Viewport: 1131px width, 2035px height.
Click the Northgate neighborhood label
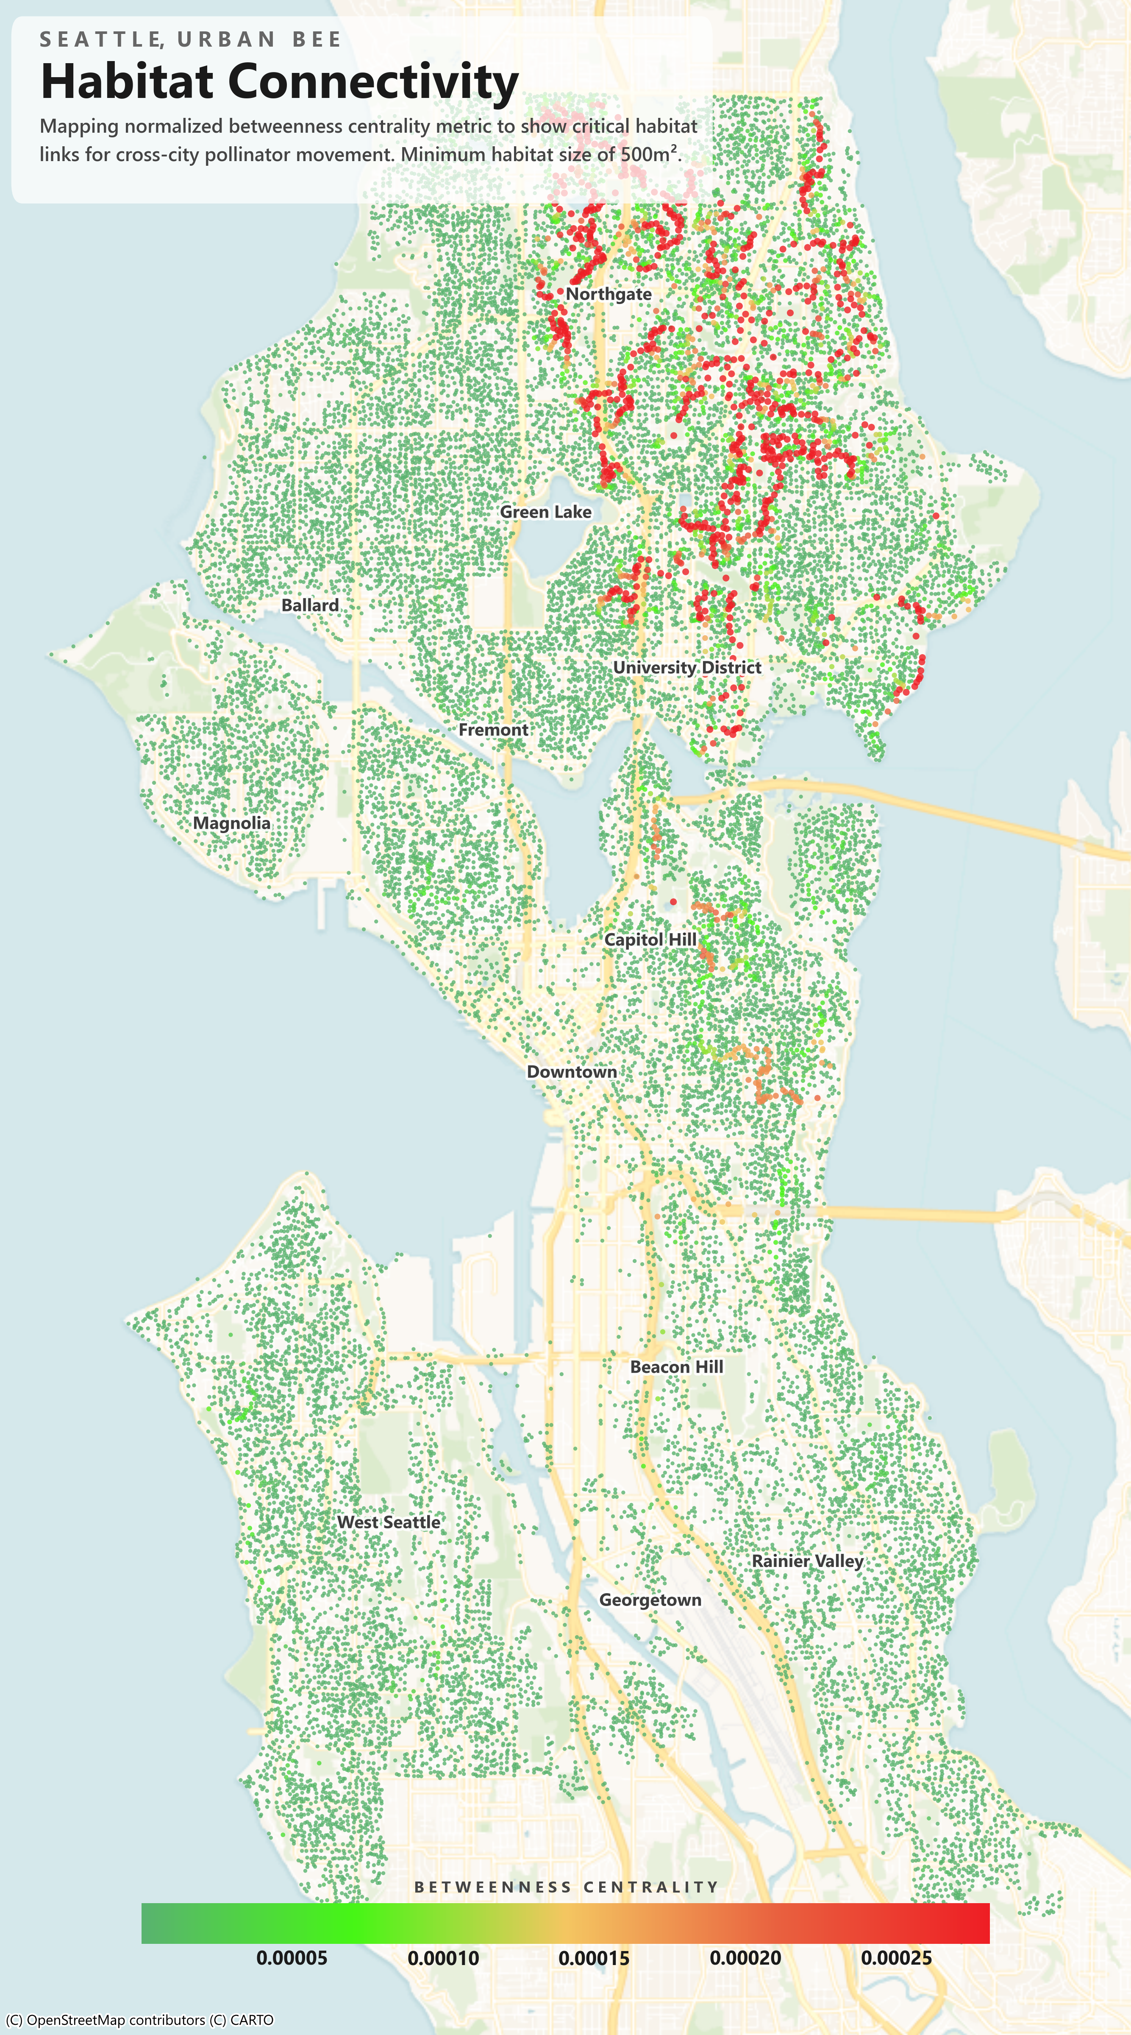point(608,294)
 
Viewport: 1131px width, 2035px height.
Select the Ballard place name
point(310,605)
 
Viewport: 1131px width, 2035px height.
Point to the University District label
point(687,668)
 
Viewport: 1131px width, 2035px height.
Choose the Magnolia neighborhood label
point(231,823)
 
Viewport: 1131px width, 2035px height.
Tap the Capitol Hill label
point(650,939)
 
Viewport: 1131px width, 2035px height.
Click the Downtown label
point(572,1072)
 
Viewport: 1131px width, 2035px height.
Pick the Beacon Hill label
point(676,1367)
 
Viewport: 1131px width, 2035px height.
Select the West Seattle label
point(389,1522)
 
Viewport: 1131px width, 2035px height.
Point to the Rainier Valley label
point(807,1561)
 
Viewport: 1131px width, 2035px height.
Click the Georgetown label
point(650,1600)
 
